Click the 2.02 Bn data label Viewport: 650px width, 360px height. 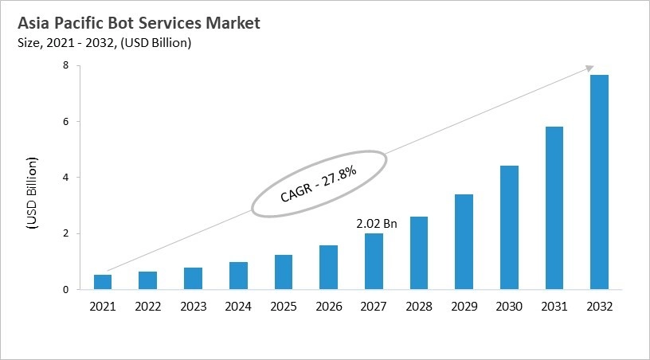coord(376,225)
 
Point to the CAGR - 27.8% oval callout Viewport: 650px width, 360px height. coord(319,182)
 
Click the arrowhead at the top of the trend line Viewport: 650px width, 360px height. coord(590,68)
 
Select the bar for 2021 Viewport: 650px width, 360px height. coord(103,282)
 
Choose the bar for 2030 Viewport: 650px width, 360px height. coord(509,227)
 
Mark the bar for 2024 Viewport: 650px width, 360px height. coord(238,276)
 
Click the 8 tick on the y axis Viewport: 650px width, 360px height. coord(68,65)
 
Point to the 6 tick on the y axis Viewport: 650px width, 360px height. coord(68,122)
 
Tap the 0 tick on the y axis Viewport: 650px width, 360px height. coord(68,290)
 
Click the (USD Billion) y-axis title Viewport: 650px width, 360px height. coord(33,194)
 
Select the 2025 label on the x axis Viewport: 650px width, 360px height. coord(284,306)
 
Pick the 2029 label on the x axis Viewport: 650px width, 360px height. coord(464,306)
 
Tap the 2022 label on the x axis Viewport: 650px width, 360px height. coord(148,306)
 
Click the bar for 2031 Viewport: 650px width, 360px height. coord(554,208)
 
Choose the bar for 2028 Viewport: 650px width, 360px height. coord(419,253)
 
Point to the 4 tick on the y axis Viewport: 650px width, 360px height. coord(68,178)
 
